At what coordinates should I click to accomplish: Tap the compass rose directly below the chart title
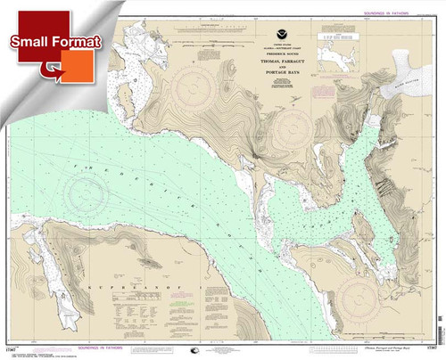291,124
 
